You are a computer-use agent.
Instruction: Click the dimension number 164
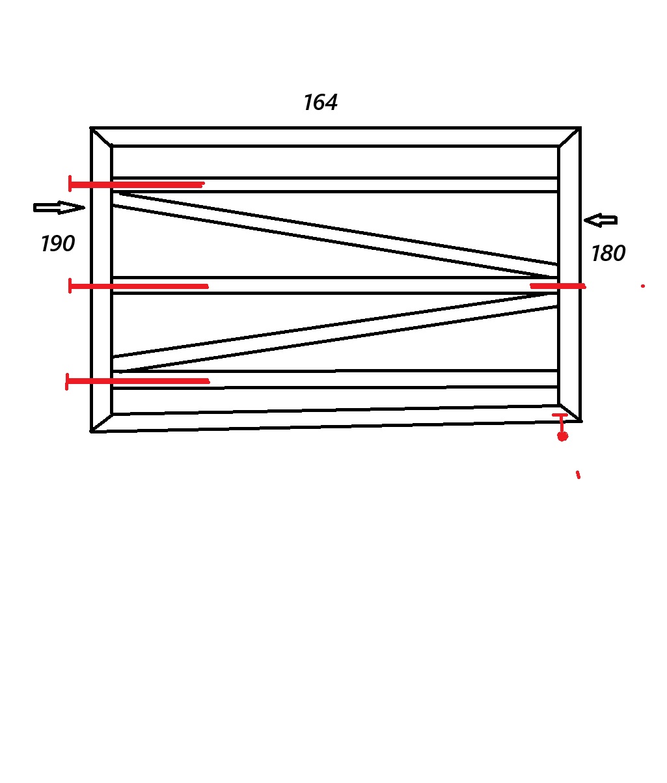320,103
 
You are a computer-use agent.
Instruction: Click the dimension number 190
57,243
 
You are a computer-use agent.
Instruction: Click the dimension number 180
608,253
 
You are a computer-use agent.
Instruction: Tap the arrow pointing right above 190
59,208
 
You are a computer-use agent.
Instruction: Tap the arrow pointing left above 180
601,220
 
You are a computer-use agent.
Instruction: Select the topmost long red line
137,184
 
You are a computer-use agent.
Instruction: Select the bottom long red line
138,381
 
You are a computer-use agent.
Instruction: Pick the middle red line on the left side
139,286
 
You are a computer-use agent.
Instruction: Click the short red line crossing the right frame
558,286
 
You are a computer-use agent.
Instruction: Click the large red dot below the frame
563,437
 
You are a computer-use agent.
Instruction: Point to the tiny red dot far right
643,286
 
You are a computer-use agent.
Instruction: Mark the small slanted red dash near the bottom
578,474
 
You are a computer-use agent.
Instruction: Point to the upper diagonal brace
335,235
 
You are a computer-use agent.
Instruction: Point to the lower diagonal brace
335,332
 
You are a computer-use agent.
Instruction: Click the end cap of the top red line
70,184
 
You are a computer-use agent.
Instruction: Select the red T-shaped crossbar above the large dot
560,415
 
